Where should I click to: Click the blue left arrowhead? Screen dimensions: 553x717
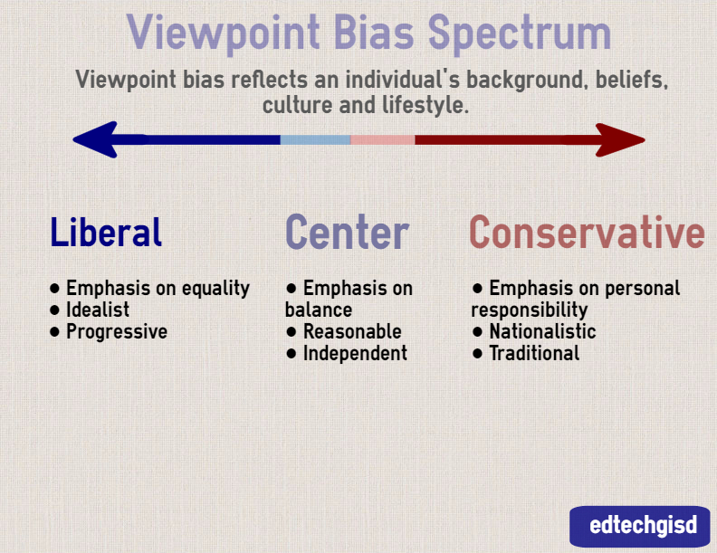pyautogui.click(x=94, y=140)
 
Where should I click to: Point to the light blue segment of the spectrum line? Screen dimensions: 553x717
pyautogui.click(x=315, y=140)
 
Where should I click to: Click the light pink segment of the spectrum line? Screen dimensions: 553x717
pyautogui.click(x=382, y=140)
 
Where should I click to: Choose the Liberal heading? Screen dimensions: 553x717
pyautogui.click(x=106, y=233)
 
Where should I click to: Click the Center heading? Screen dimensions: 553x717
pyautogui.click(x=347, y=233)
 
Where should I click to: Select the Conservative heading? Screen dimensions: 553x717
pyautogui.click(x=587, y=233)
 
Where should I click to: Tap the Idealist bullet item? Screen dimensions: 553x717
pyautogui.click(x=97, y=310)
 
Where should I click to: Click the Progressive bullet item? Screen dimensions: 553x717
pyautogui.click(x=116, y=331)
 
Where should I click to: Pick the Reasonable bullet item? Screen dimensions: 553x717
pyautogui.click(x=351, y=331)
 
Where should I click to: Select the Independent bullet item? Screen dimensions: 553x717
pyautogui.click(x=354, y=353)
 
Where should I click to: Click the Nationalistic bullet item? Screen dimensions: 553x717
pyautogui.click(x=541, y=331)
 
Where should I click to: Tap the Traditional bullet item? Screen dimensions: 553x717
pyautogui.click(x=533, y=353)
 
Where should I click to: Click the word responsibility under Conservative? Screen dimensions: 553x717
pyautogui.click(x=530, y=310)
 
